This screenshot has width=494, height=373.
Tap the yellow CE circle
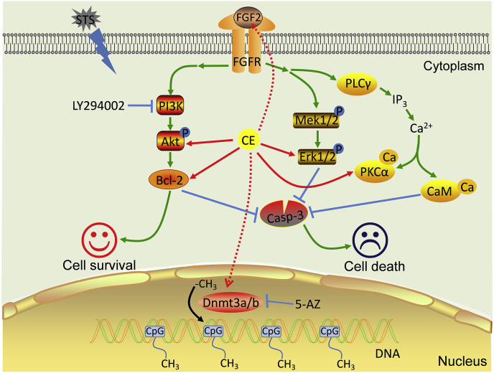tap(249, 141)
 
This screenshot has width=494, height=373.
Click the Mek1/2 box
tap(314, 121)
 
